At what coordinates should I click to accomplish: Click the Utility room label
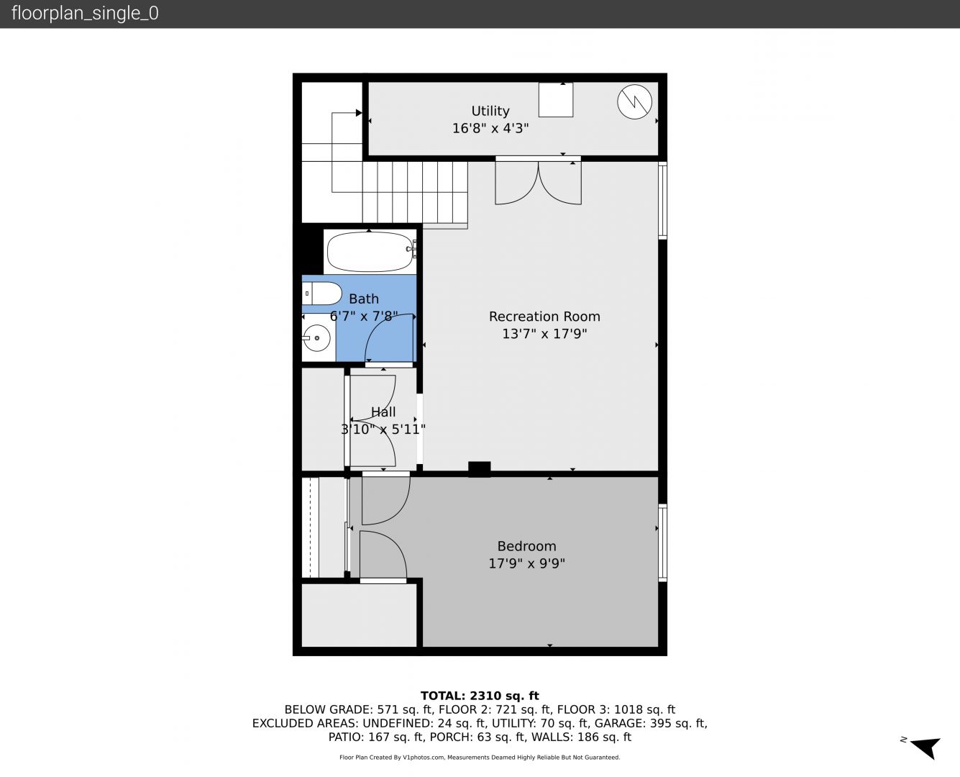[x=490, y=111]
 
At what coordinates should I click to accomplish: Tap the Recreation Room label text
[x=544, y=317]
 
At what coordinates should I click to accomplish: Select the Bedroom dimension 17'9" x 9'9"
[x=527, y=563]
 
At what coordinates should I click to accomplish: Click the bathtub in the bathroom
[x=370, y=251]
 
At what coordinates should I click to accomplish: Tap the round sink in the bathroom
[x=317, y=337]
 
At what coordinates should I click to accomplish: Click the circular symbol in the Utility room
[x=634, y=102]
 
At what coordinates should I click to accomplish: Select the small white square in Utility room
[x=556, y=100]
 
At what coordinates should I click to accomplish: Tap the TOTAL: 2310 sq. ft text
[x=480, y=696]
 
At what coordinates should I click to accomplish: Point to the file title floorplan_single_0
[x=85, y=14]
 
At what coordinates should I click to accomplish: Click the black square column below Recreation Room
[x=480, y=469]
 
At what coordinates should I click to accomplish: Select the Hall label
[x=383, y=412]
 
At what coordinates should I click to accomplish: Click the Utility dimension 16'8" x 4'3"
[x=490, y=128]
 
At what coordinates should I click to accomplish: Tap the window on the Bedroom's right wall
[x=662, y=542]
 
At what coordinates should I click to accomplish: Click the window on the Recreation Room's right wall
[x=662, y=200]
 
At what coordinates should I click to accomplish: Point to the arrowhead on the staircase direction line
[x=359, y=113]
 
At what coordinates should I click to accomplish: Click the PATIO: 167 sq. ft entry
[x=376, y=737]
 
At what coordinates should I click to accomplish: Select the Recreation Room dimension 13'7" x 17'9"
[x=544, y=334]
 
